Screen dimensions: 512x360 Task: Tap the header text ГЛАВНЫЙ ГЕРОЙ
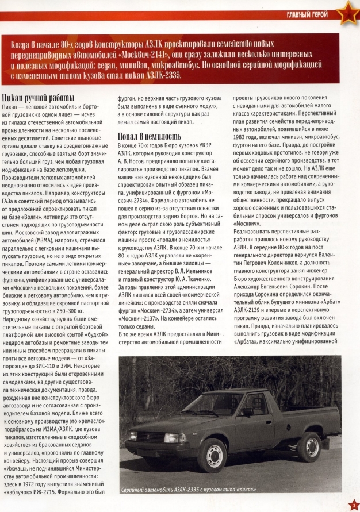[x=308, y=14]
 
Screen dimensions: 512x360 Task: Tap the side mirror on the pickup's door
[x=247, y=412]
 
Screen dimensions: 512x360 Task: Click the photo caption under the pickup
[x=189, y=488]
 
